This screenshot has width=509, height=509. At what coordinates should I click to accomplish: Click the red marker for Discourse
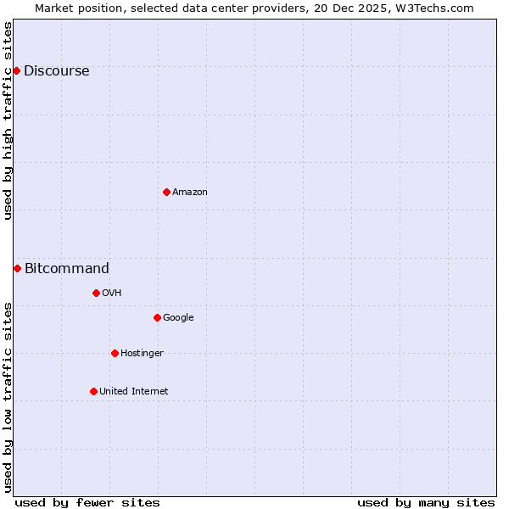16,70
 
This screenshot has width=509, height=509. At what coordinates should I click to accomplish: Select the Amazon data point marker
166,192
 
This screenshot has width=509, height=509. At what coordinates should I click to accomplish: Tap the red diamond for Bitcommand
17,268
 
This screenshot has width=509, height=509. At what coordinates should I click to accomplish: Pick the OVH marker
96,293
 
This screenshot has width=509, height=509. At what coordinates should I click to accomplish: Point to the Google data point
157,317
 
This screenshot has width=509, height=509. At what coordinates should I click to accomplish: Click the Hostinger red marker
115,353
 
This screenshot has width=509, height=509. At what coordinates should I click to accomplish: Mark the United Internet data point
93,391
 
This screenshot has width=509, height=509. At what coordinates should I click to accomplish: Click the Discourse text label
56,71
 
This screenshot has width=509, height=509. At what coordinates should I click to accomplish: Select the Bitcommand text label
66,269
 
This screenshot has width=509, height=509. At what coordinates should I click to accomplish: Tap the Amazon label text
190,193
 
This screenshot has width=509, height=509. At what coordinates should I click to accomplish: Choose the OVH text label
111,294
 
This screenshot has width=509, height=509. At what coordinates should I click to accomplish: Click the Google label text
178,318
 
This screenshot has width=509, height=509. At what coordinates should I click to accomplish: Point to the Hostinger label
142,354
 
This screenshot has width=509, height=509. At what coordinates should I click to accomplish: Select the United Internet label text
133,392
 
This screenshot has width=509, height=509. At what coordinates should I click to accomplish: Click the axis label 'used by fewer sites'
87,502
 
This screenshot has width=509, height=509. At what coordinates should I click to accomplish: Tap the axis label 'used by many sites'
426,502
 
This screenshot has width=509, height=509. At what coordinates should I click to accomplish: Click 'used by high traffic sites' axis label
8,120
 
